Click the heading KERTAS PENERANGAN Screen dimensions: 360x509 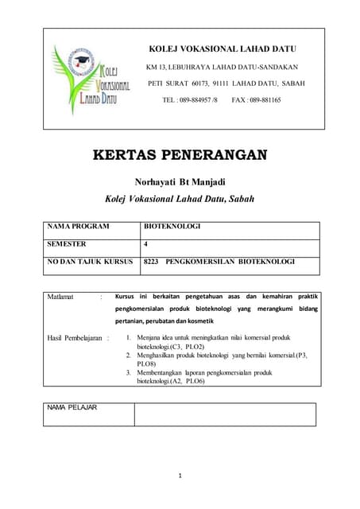coord(180,154)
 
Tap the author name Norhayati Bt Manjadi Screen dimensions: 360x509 coord(180,181)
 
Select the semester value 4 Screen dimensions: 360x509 coord(145,244)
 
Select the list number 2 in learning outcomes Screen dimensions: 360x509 coord(129,356)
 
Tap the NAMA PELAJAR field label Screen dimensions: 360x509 coord(72,407)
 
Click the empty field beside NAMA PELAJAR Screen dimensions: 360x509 coord(224,414)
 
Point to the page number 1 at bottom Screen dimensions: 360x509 coord(180,476)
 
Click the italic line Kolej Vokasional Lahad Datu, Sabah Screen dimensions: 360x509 coord(180,199)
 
